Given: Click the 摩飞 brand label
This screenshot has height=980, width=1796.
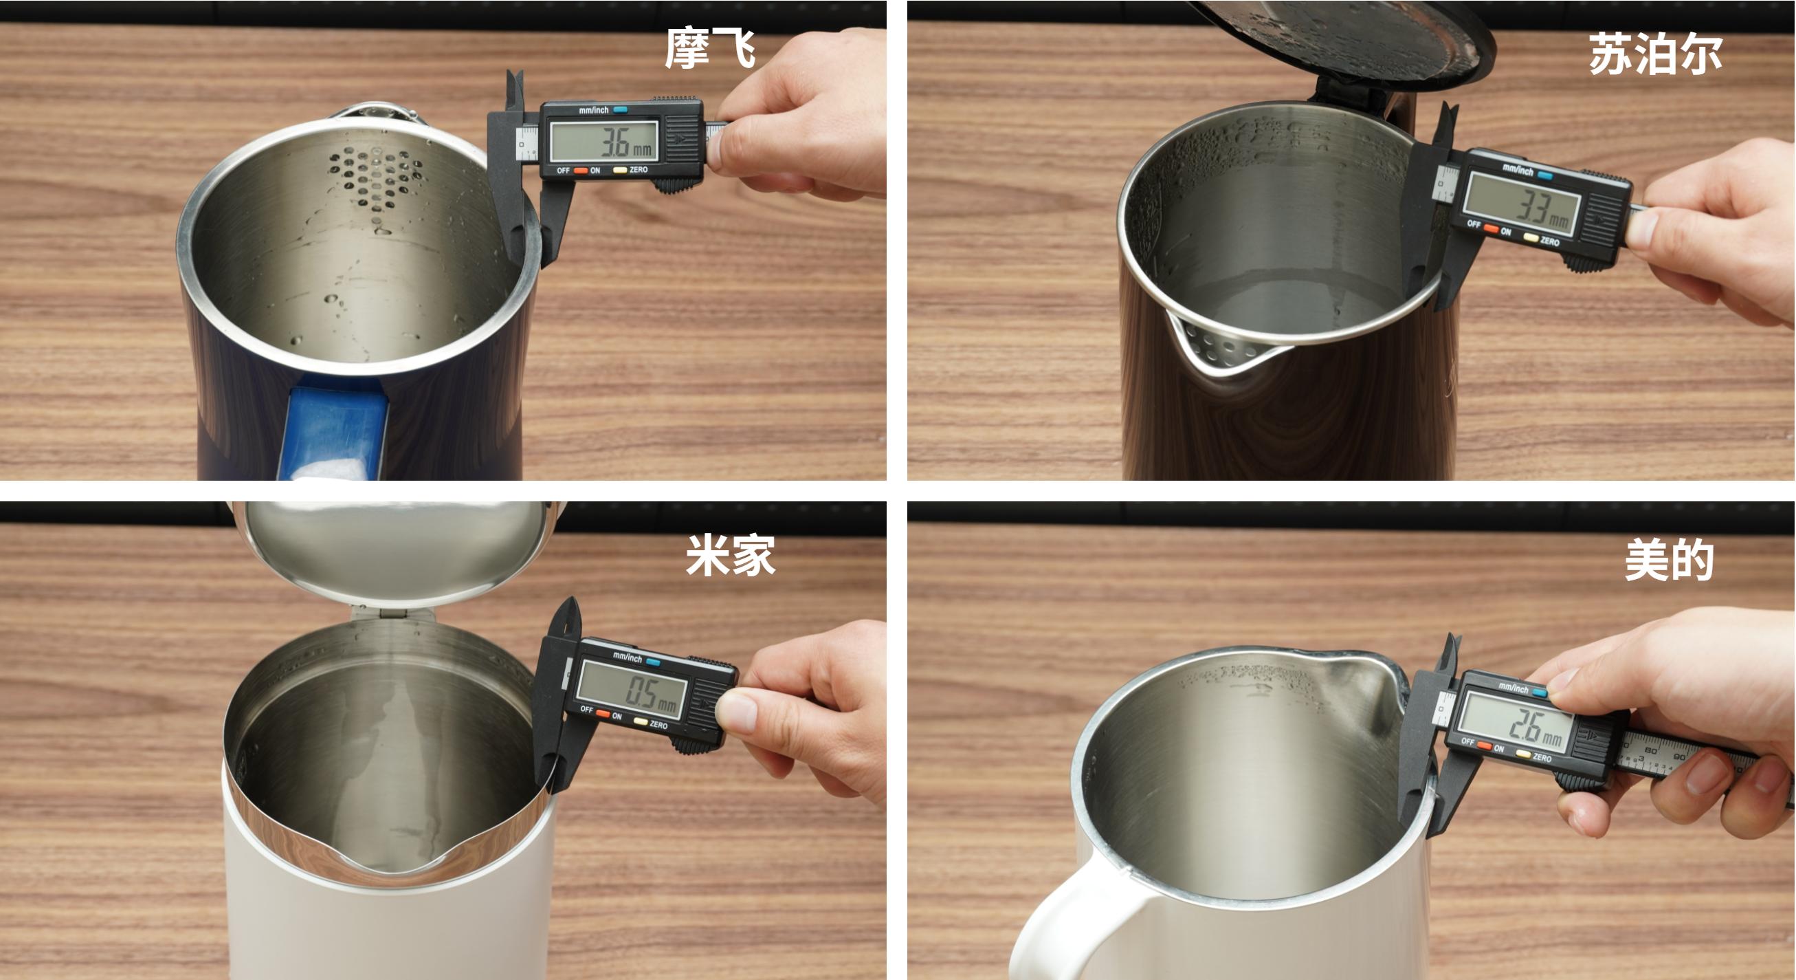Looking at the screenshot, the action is click(710, 49).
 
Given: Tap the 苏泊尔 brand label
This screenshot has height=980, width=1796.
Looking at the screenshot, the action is click(1655, 54).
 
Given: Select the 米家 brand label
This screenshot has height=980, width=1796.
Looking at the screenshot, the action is click(730, 555).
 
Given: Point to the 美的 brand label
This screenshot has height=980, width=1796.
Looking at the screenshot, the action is click(1669, 559).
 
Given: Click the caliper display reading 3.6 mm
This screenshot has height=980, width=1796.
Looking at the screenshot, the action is click(603, 142).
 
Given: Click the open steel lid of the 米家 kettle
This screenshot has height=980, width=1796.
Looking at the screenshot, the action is click(396, 551).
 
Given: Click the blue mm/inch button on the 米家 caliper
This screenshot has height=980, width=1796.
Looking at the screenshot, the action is click(652, 661).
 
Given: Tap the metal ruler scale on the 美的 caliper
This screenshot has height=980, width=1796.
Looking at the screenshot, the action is click(1687, 756).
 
